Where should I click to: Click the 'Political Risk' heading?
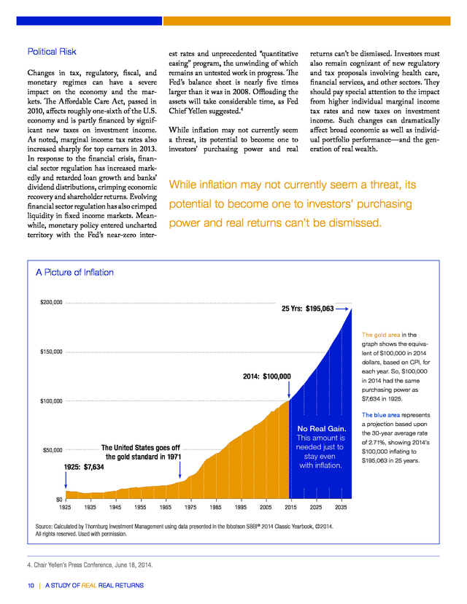(52, 52)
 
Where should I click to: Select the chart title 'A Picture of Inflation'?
(74, 272)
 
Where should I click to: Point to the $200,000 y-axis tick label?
(51, 303)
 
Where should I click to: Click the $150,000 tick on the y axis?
(51, 352)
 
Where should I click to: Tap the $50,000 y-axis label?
(53, 450)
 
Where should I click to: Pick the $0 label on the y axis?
(59, 500)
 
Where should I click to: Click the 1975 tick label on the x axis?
(190, 507)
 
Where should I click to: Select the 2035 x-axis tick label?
(341, 507)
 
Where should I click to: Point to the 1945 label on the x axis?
(115, 507)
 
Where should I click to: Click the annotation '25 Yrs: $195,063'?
(307, 309)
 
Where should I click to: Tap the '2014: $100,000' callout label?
(266, 376)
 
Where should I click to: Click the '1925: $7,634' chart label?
(84, 467)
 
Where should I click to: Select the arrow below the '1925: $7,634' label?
(66, 480)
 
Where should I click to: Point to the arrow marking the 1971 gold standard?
(180, 470)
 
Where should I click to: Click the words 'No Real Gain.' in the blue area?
(322, 429)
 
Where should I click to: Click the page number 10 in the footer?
(31, 586)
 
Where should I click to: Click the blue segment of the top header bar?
(89, 21)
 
